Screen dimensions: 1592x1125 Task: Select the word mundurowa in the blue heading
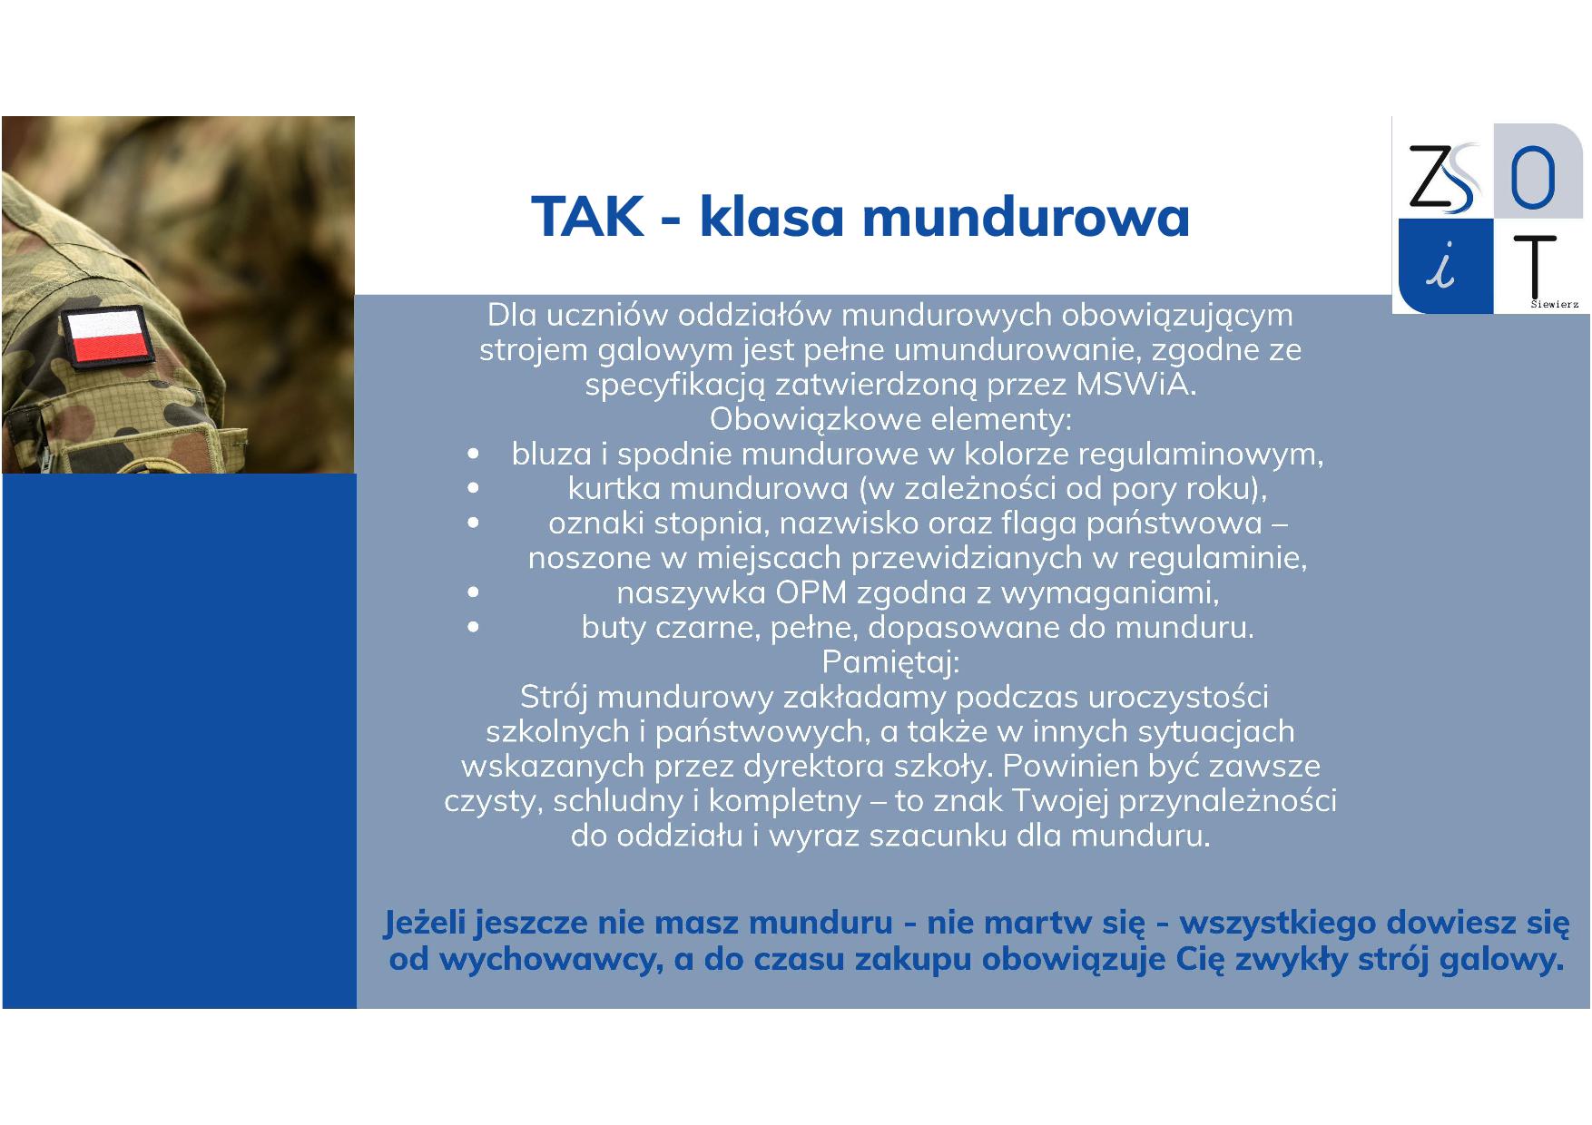tap(1026, 217)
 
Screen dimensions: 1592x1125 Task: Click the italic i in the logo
tap(1442, 266)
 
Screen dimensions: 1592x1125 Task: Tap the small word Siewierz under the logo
tap(1554, 305)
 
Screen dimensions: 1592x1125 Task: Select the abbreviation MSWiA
tap(1135, 385)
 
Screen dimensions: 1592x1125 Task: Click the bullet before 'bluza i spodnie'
tap(473, 454)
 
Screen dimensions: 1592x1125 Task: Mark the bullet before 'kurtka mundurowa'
tap(473, 488)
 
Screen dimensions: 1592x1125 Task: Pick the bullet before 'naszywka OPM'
tap(473, 592)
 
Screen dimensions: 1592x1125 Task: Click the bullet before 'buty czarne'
tap(473, 627)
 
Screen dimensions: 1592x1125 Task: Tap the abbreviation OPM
tap(811, 592)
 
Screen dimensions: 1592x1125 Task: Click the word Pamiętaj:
tap(890, 662)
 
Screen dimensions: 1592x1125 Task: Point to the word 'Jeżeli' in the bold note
tap(424, 923)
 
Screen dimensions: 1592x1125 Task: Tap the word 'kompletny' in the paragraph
tap(785, 802)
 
